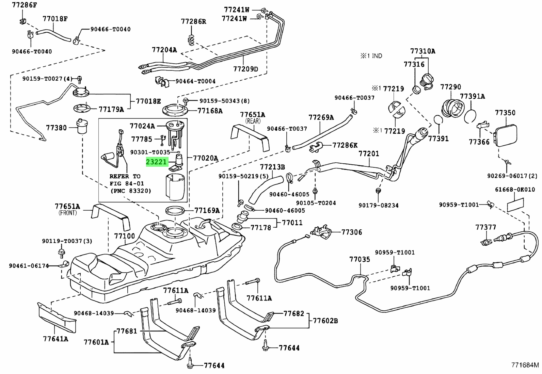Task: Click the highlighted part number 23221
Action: pyautogui.click(x=157, y=162)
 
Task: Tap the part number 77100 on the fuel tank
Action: pyautogui.click(x=124, y=235)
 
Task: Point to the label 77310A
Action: pyautogui.click(x=423, y=51)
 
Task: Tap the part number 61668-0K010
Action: pyautogui.click(x=515, y=190)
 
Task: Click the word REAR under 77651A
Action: pyautogui.click(x=253, y=121)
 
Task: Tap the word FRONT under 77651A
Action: pyautogui.click(x=68, y=213)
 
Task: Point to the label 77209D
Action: pyautogui.click(x=245, y=69)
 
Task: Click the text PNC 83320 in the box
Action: pyautogui.click(x=131, y=191)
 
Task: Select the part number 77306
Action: pyautogui.click(x=352, y=232)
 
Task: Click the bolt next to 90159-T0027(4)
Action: pyautogui.click(x=79, y=79)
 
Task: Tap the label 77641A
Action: pyautogui.click(x=55, y=339)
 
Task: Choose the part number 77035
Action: pyautogui.click(x=360, y=259)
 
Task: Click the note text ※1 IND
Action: pyautogui.click(x=371, y=56)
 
